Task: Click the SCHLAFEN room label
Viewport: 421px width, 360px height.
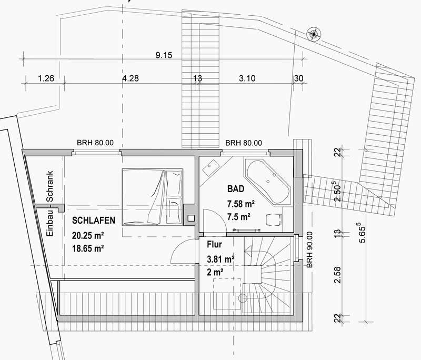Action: (x=94, y=221)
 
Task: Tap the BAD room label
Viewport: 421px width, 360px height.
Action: (x=236, y=189)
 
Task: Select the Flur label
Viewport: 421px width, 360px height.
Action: (x=214, y=244)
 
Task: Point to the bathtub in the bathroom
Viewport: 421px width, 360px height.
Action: (x=268, y=182)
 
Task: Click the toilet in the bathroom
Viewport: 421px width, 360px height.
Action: (x=274, y=219)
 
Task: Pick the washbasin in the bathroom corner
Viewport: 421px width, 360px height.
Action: (x=212, y=168)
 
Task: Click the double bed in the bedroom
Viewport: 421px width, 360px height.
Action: (x=153, y=197)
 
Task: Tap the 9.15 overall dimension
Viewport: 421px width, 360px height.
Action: (x=164, y=55)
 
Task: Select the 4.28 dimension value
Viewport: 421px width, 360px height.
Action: (x=131, y=78)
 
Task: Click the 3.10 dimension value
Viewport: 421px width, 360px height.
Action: (x=247, y=78)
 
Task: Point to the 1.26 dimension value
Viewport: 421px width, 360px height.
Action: (x=46, y=78)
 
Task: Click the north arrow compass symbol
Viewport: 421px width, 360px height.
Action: (x=314, y=34)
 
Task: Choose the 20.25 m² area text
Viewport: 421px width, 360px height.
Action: (x=88, y=235)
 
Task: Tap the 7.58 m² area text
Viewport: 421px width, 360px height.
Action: (x=240, y=204)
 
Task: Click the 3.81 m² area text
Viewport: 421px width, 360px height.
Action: (x=220, y=259)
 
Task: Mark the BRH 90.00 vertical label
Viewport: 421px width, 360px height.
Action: (x=309, y=249)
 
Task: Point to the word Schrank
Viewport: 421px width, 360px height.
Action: (x=50, y=186)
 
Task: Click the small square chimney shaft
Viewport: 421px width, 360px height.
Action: (x=191, y=218)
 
